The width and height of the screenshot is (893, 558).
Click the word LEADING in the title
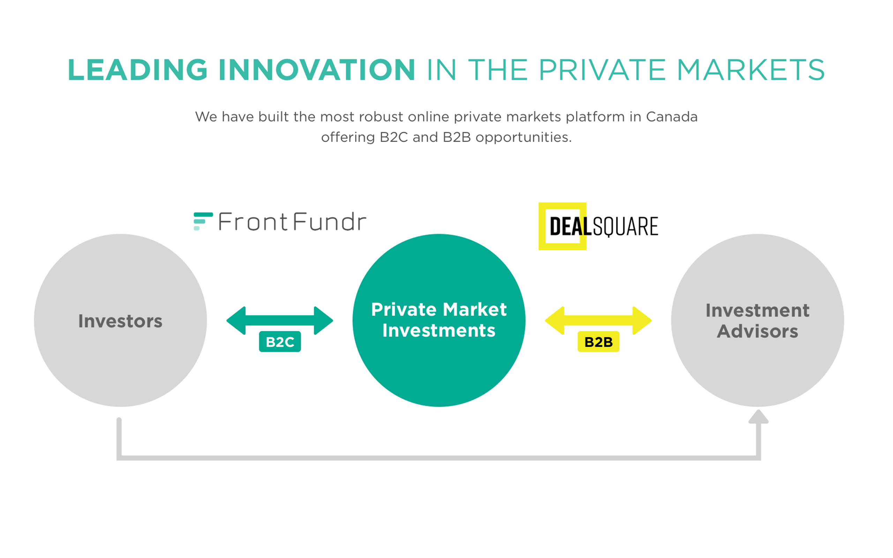coord(138,70)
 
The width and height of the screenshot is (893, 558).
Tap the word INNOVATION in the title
coord(317,70)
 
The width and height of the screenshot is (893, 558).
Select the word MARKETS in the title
coord(751,70)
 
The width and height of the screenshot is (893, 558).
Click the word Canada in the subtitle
coord(671,117)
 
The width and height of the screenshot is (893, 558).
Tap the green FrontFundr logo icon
coord(203,221)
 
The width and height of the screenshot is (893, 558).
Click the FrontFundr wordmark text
coord(292,221)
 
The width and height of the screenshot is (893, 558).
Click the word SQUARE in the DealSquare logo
coord(625,227)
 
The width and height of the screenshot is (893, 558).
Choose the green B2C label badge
coord(280,342)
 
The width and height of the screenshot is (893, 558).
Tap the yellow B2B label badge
coord(599,342)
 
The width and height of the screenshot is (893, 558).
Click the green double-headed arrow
coord(280,321)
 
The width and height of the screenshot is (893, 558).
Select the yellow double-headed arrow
coord(598,321)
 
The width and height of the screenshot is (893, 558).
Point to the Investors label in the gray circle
coord(120,321)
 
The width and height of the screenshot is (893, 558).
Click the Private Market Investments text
coord(439,319)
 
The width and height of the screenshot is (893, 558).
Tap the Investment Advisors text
coord(758,321)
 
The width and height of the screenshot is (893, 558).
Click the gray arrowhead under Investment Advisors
coord(758,417)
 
